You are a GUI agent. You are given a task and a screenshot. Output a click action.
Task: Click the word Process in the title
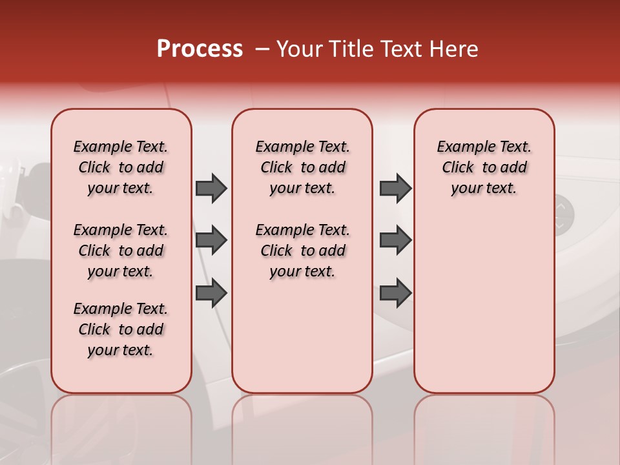tap(200, 49)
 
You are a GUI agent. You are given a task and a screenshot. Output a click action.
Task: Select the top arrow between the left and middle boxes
tap(211, 188)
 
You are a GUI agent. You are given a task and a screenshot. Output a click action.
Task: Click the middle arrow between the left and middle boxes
tap(211, 240)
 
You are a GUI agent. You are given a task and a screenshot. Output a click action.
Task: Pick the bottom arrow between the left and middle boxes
tap(211, 293)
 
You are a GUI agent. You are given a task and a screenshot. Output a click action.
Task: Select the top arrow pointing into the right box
tap(395, 188)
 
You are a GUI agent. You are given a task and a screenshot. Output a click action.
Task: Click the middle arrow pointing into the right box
tap(395, 240)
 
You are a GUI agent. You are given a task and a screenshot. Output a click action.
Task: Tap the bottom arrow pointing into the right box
tap(395, 293)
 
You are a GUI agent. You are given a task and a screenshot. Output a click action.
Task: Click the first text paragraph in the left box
tap(121, 167)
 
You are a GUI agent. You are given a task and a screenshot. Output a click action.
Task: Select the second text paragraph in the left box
tap(121, 251)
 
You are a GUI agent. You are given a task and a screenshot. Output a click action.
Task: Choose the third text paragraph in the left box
tap(121, 329)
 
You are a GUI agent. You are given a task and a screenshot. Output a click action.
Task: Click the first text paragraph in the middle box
tap(302, 167)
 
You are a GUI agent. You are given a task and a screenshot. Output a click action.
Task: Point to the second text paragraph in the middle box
tap(302, 251)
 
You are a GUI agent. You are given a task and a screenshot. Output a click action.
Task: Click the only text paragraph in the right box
tap(484, 167)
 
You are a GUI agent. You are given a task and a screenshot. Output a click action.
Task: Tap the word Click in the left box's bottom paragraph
tap(94, 329)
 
